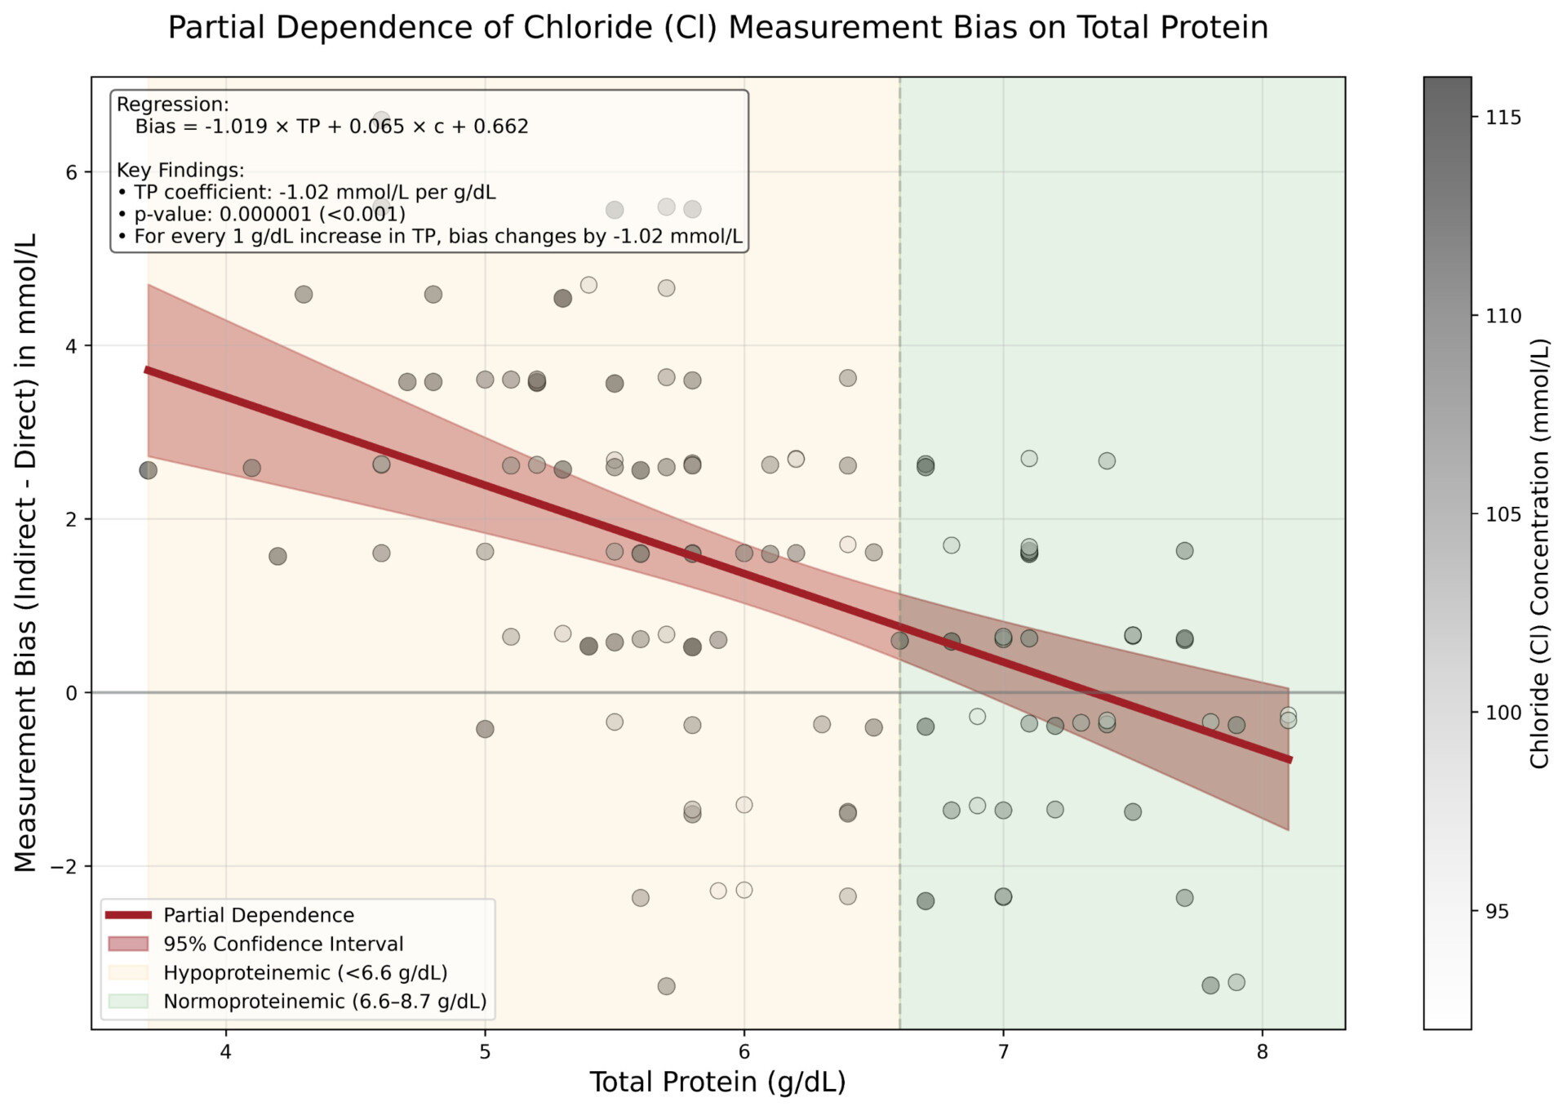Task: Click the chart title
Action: coord(717,28)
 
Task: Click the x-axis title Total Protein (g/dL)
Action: coord(717,1082)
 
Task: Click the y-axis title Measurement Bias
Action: coord(26,553)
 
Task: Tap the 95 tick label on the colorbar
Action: coord(1498,912)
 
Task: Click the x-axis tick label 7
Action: coord(1003,1051)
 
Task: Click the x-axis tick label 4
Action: coord(226,1051)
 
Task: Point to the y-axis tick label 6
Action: coord(72,172)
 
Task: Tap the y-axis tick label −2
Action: coord(64,866)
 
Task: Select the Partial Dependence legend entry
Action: coord(259,915)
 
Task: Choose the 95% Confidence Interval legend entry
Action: coord(283,944)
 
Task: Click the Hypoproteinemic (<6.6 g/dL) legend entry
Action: coord(305,972)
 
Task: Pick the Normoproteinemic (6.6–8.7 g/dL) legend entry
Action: coord(325,1001)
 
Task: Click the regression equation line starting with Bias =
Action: coord(331,127)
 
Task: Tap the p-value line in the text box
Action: coord(269,214)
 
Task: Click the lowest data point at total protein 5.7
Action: coord(666,986)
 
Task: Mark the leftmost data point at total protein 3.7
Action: coord(148,470)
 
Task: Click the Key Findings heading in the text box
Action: coord(180,170)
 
